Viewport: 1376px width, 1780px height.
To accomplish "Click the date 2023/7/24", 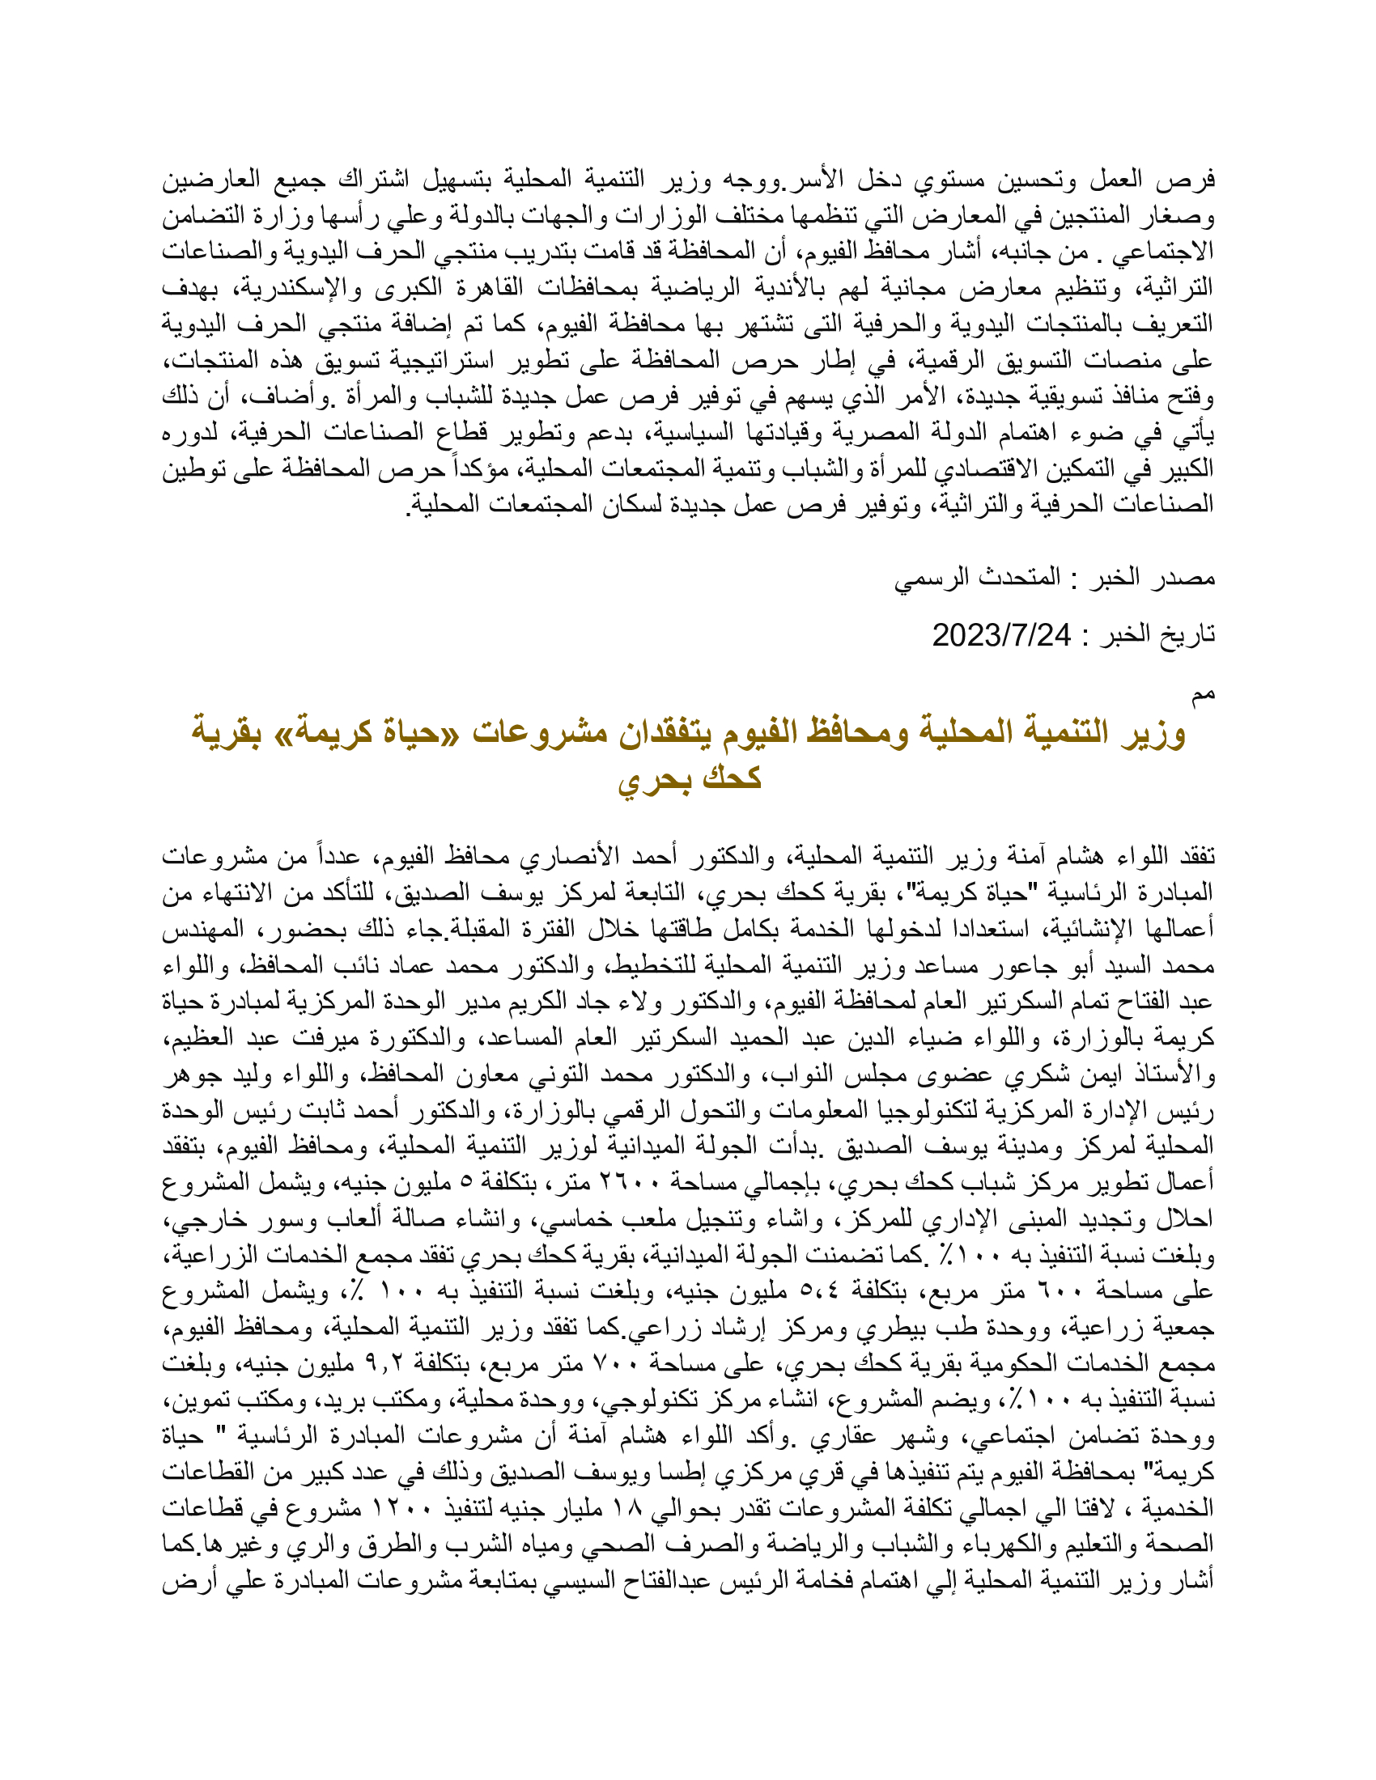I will pyautogui.click(x=1002, y=635).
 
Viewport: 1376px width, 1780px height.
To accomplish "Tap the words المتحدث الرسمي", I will pyautogui.click(x=978, y=578).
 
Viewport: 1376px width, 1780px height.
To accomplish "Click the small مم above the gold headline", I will pyautogui.click(x=1203, y=693).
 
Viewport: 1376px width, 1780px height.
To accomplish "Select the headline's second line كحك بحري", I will pyautogui.click(x=690, y=778).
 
